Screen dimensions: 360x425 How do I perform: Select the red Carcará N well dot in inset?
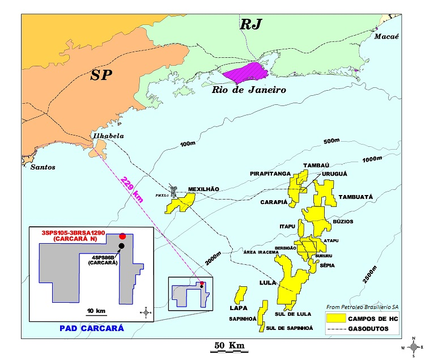(x=122, y=236)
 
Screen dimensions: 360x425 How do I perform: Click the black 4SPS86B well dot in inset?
(x=121, y=245)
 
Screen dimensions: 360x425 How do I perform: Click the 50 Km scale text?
(x=229, y=345)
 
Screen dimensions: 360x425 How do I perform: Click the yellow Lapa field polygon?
(x=240, y=294)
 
